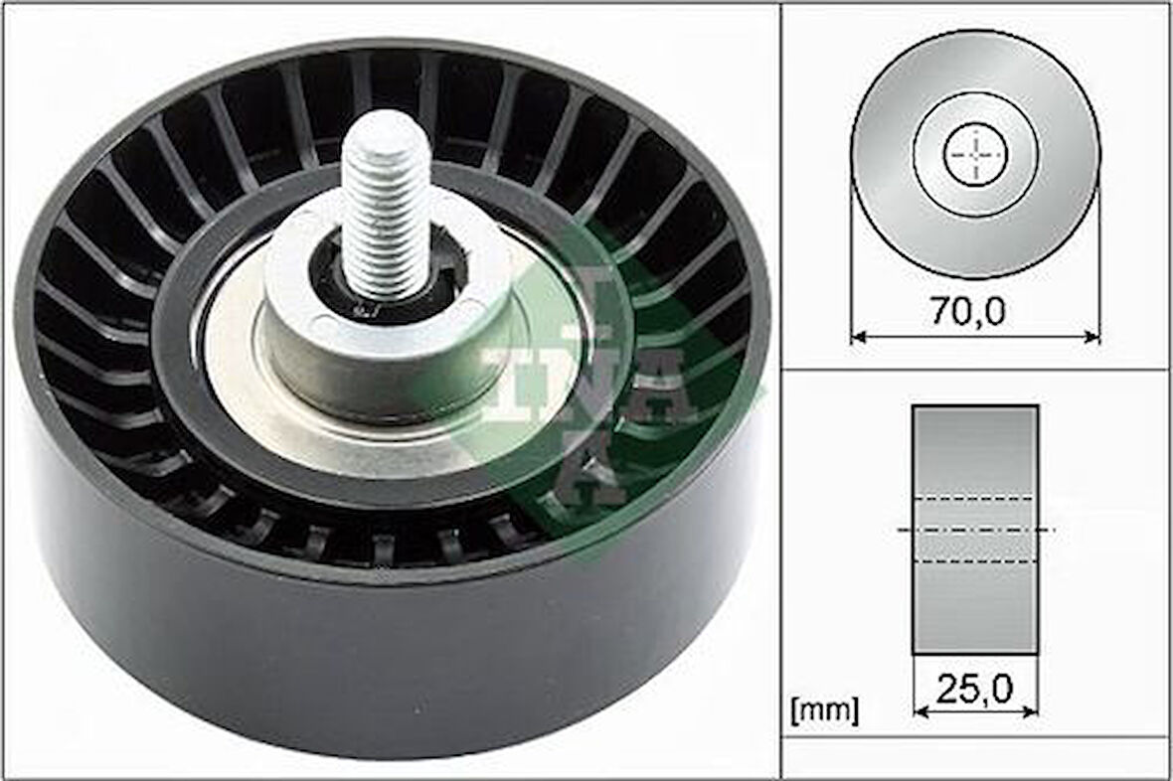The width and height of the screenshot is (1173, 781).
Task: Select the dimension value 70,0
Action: tap(967, 311)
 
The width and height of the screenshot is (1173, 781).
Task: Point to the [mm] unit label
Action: tap(823, 709)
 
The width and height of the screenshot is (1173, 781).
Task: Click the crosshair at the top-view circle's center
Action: tap(975, 155)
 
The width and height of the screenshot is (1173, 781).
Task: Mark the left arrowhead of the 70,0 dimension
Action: tap(858, 337)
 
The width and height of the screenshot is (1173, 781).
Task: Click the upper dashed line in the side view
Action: tap(975, 498)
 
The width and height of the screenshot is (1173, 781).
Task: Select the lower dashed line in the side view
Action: tap(975, 561)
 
